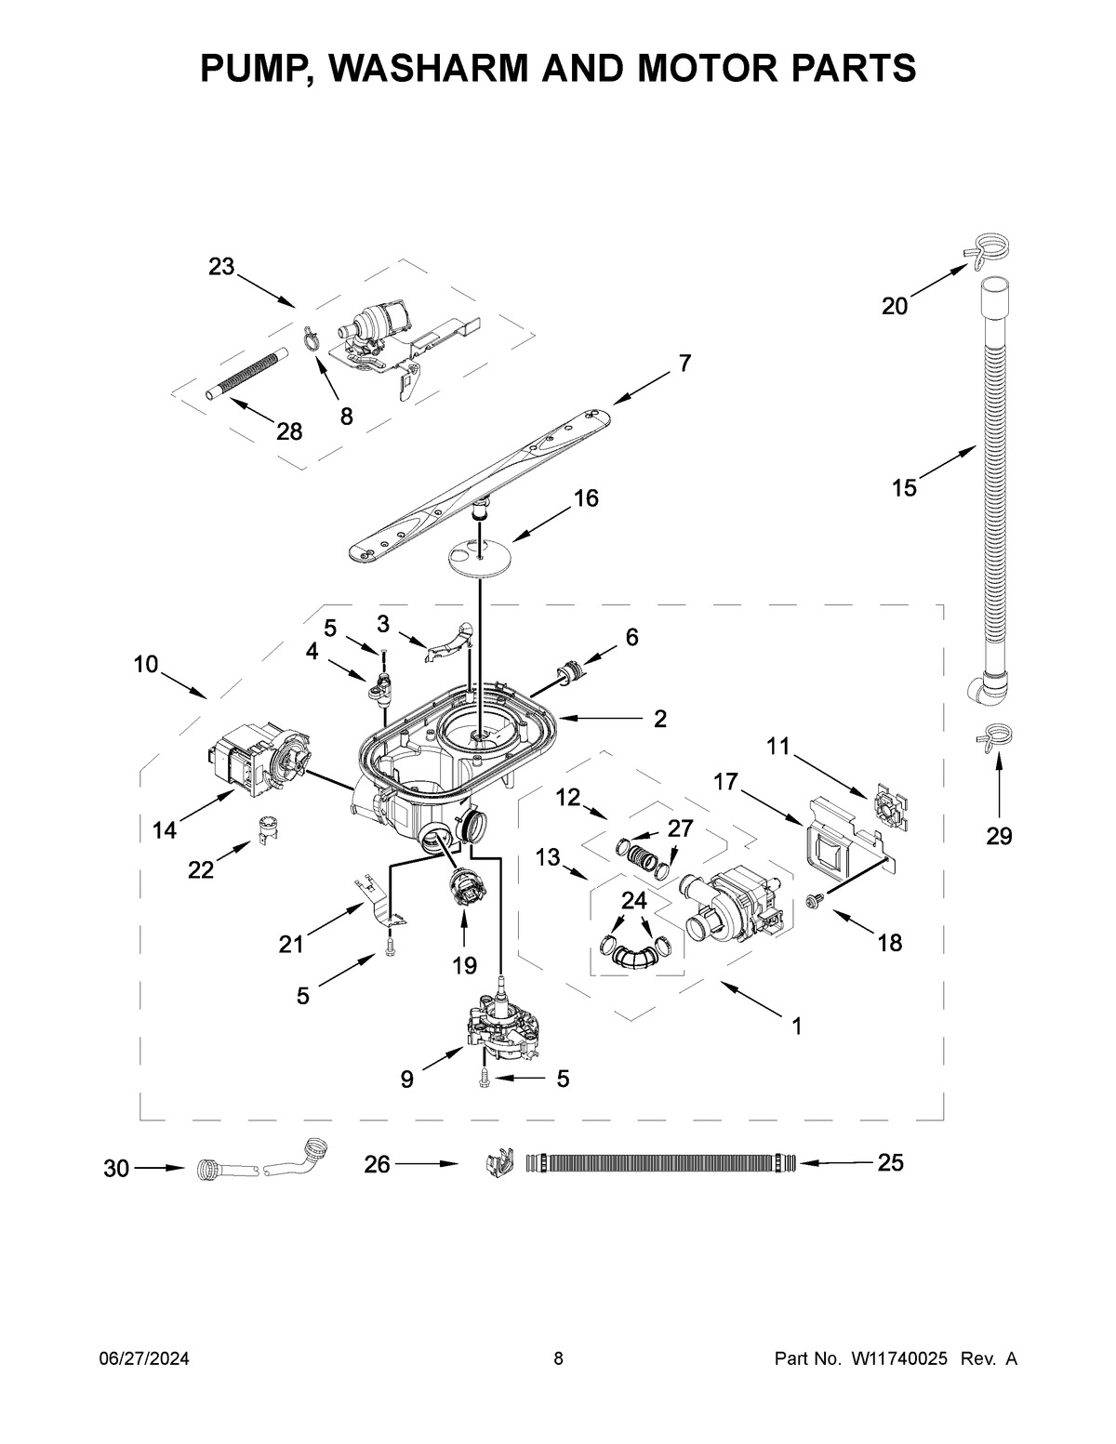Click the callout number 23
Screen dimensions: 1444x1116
pyautogui.click(x=221, y=267)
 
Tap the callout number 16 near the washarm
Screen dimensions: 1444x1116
pyautogui.click(x=585, y=498)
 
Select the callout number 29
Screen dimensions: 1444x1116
pyautogui.click(x=999, y=836)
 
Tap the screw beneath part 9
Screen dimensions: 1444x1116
pyautogui.click(x=485, y=1078)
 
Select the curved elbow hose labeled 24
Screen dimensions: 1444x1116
pyautogui.click(x=634, y=954)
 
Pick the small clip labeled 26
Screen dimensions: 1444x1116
pyautogui.click(x=499, y=1163)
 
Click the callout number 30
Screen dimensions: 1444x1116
pyautogui.click(x=116, y=1168)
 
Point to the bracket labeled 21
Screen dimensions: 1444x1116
pyautogui.click(x=377, y=899)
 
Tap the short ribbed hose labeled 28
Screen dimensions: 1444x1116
pyautogui.click(x=245, y=374)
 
